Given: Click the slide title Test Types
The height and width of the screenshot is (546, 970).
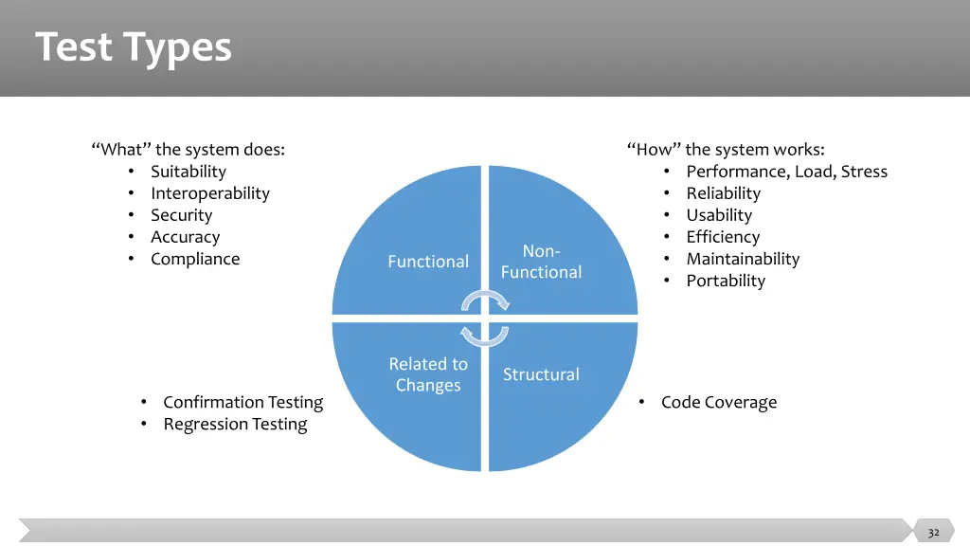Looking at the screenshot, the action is point(133,47).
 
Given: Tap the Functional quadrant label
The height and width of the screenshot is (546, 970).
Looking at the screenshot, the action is point(428,262).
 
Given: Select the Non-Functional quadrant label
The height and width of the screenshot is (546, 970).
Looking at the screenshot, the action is point(541,262).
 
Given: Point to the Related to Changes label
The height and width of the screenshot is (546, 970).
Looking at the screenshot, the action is point(428,373).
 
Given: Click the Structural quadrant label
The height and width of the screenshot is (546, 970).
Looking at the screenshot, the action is point(541,373).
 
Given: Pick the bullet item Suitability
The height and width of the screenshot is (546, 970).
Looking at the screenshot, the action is point(189,172).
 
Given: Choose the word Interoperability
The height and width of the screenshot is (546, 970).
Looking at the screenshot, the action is point(210,193).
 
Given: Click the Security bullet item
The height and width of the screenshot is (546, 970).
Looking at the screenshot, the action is point(182,215).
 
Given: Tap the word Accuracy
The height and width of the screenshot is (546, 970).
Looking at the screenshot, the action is point(186,237).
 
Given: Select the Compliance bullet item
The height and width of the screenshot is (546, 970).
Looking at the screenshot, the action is point(195,259).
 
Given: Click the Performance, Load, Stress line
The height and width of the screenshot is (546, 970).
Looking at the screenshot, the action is point(787,172).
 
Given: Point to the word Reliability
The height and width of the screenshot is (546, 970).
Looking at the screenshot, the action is point(724,193).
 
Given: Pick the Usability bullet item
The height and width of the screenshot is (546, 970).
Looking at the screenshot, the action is point(720,215).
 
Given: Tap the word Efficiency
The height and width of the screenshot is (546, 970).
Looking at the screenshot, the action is point(723,237).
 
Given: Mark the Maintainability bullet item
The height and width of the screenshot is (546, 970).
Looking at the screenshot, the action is point(743,259).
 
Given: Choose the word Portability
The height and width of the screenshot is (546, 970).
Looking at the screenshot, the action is point(727,281).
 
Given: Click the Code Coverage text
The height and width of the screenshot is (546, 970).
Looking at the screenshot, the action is point(719,402).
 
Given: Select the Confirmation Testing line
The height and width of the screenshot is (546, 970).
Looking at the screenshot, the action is point(243,402).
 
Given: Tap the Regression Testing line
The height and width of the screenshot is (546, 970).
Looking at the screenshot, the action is point(235,424).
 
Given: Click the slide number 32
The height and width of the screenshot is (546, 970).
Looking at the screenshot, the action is point(933,533).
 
